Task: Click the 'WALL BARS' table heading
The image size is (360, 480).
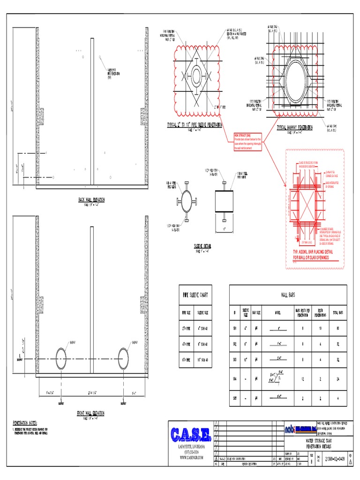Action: (x=287, y=295)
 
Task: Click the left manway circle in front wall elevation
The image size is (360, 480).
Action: (x=61, y=359)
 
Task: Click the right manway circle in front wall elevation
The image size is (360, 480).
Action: (x=123, y=359)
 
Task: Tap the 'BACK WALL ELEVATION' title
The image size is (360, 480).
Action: (x=91, y=200)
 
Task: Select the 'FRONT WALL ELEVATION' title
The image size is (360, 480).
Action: (x=91, y=413)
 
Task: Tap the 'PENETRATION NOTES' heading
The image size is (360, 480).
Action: (x=24, y=422)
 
